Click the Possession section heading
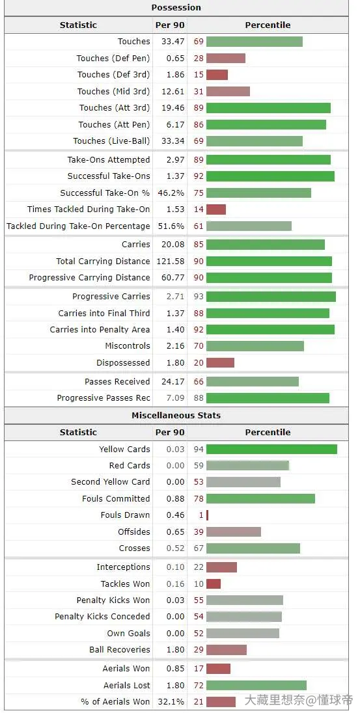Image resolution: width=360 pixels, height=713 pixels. click(x=176, y=8)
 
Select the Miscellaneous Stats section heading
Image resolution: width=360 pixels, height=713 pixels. click(x=176, y=415)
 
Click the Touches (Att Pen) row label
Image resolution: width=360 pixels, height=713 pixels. click(x=114, y=125)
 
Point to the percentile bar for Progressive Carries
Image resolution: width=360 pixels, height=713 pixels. click(x=271, y=297)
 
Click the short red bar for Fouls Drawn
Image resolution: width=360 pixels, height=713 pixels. click(x=207, y=515)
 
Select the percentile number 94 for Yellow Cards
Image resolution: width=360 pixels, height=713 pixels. click(x=199, y=450)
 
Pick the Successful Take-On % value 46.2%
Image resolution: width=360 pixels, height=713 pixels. click(x=171, y=193)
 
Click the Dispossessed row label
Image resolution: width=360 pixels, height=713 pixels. click(x=123, y=363)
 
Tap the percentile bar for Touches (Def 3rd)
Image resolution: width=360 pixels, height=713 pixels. click(x=217, y=75)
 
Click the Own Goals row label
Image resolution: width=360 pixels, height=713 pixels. click(x=129, y=634)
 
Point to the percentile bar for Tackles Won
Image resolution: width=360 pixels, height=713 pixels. click(x=214, y=584)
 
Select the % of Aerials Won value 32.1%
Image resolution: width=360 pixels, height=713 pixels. click(x=171, y=702)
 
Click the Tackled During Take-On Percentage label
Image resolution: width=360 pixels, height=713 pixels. click(x=78, y=226)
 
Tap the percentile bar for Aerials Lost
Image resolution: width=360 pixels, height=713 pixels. click(x=256, y=685)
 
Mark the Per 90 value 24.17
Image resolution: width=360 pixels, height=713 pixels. click(x=173, y=381)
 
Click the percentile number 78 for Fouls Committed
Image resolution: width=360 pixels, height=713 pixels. click(x=199, y=499)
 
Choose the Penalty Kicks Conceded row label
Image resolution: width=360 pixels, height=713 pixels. click(x=102, y=617)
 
